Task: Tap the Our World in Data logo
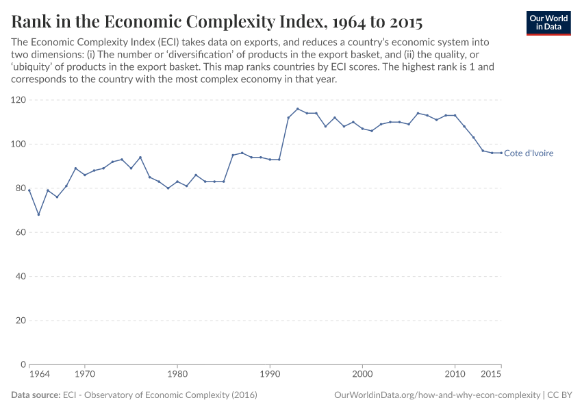[548, 23]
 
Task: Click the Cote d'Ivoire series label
[528, 153]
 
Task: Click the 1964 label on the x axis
[39, 375]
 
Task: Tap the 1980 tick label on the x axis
[177, 375]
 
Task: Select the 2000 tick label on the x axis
[362, 375]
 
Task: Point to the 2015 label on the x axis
[490, 375]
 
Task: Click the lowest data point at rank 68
[38, 214]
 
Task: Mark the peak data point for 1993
[298, 109]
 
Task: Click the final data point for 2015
[501, 153]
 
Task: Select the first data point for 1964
[29, 190]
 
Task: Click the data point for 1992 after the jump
[288, 118]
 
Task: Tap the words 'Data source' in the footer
[35, 395]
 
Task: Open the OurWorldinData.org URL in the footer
[436, 395]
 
